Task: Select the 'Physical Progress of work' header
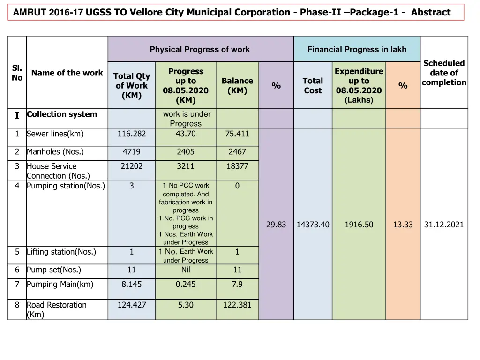click(200, 50)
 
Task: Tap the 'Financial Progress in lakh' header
click(357, 50)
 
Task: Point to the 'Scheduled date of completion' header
click(444, 73)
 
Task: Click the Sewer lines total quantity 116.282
click(132, 134)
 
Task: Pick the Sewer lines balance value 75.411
click(237, 134)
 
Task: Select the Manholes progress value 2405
click(186, 152)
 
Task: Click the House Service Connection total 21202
click(132, 166)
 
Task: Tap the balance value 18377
click(237, 166)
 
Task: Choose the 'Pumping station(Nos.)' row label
click(66, 186)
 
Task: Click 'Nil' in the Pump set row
click(186, 270)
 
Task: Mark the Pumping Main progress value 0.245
click(186, 285)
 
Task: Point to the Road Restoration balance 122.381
click(237, 305)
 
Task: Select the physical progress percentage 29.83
click(276, 225)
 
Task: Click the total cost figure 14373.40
click(313, 225)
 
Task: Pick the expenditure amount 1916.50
click(359, 225)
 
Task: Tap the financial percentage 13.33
click(403, 225)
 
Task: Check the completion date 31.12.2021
click(444, 225)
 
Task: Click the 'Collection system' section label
click(62, 114)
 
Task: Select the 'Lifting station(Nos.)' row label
click(61, 252)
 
